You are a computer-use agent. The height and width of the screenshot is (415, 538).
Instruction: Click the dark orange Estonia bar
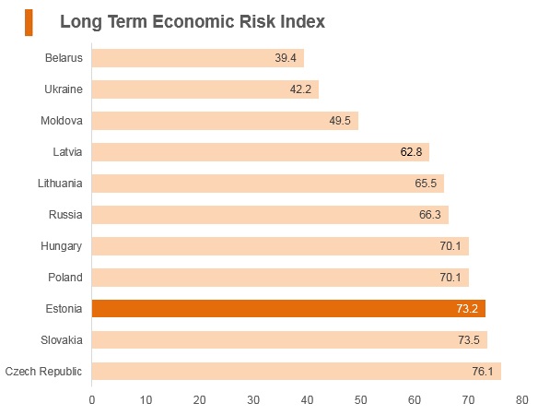click(x=288, y=309)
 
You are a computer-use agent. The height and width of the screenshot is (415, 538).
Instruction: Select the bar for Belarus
click(x=198, y=58)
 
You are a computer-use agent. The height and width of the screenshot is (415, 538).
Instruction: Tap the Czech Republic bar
click(x=297, y=372)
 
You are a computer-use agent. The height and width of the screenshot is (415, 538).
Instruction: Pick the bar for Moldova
click(x=225, y=121)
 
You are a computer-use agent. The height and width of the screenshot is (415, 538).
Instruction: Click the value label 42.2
click(x=300, y=89)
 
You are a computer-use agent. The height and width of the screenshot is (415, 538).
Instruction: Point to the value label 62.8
click(x=411, y=152)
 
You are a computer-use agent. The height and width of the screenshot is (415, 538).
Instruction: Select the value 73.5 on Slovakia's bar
click(x=469, y=340)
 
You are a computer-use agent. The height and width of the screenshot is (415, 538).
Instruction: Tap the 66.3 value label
click(x=430, y=215)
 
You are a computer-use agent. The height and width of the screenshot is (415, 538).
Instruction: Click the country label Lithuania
click(x=60, y=184)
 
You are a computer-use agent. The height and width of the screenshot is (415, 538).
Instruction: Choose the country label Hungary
click(x=62, y=246)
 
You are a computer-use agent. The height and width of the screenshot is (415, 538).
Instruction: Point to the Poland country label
click(x=65, y=278)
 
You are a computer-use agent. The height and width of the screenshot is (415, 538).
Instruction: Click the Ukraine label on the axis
click(x=64, y=89)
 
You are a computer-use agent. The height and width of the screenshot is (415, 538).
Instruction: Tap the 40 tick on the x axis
click(x=307, y=400)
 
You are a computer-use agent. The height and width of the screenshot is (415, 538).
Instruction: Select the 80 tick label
click(x=521, y=400)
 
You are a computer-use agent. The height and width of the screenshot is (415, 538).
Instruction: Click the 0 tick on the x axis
click(x=91, y=400)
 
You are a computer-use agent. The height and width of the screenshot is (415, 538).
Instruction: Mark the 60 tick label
click(x=415, y=400)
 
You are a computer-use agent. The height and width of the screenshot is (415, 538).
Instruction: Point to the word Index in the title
click(x=302, y=21)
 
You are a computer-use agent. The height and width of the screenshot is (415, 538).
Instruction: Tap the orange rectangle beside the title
click(x=29, y=23)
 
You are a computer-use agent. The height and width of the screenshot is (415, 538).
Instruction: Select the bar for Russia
click(x=270, y=215)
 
